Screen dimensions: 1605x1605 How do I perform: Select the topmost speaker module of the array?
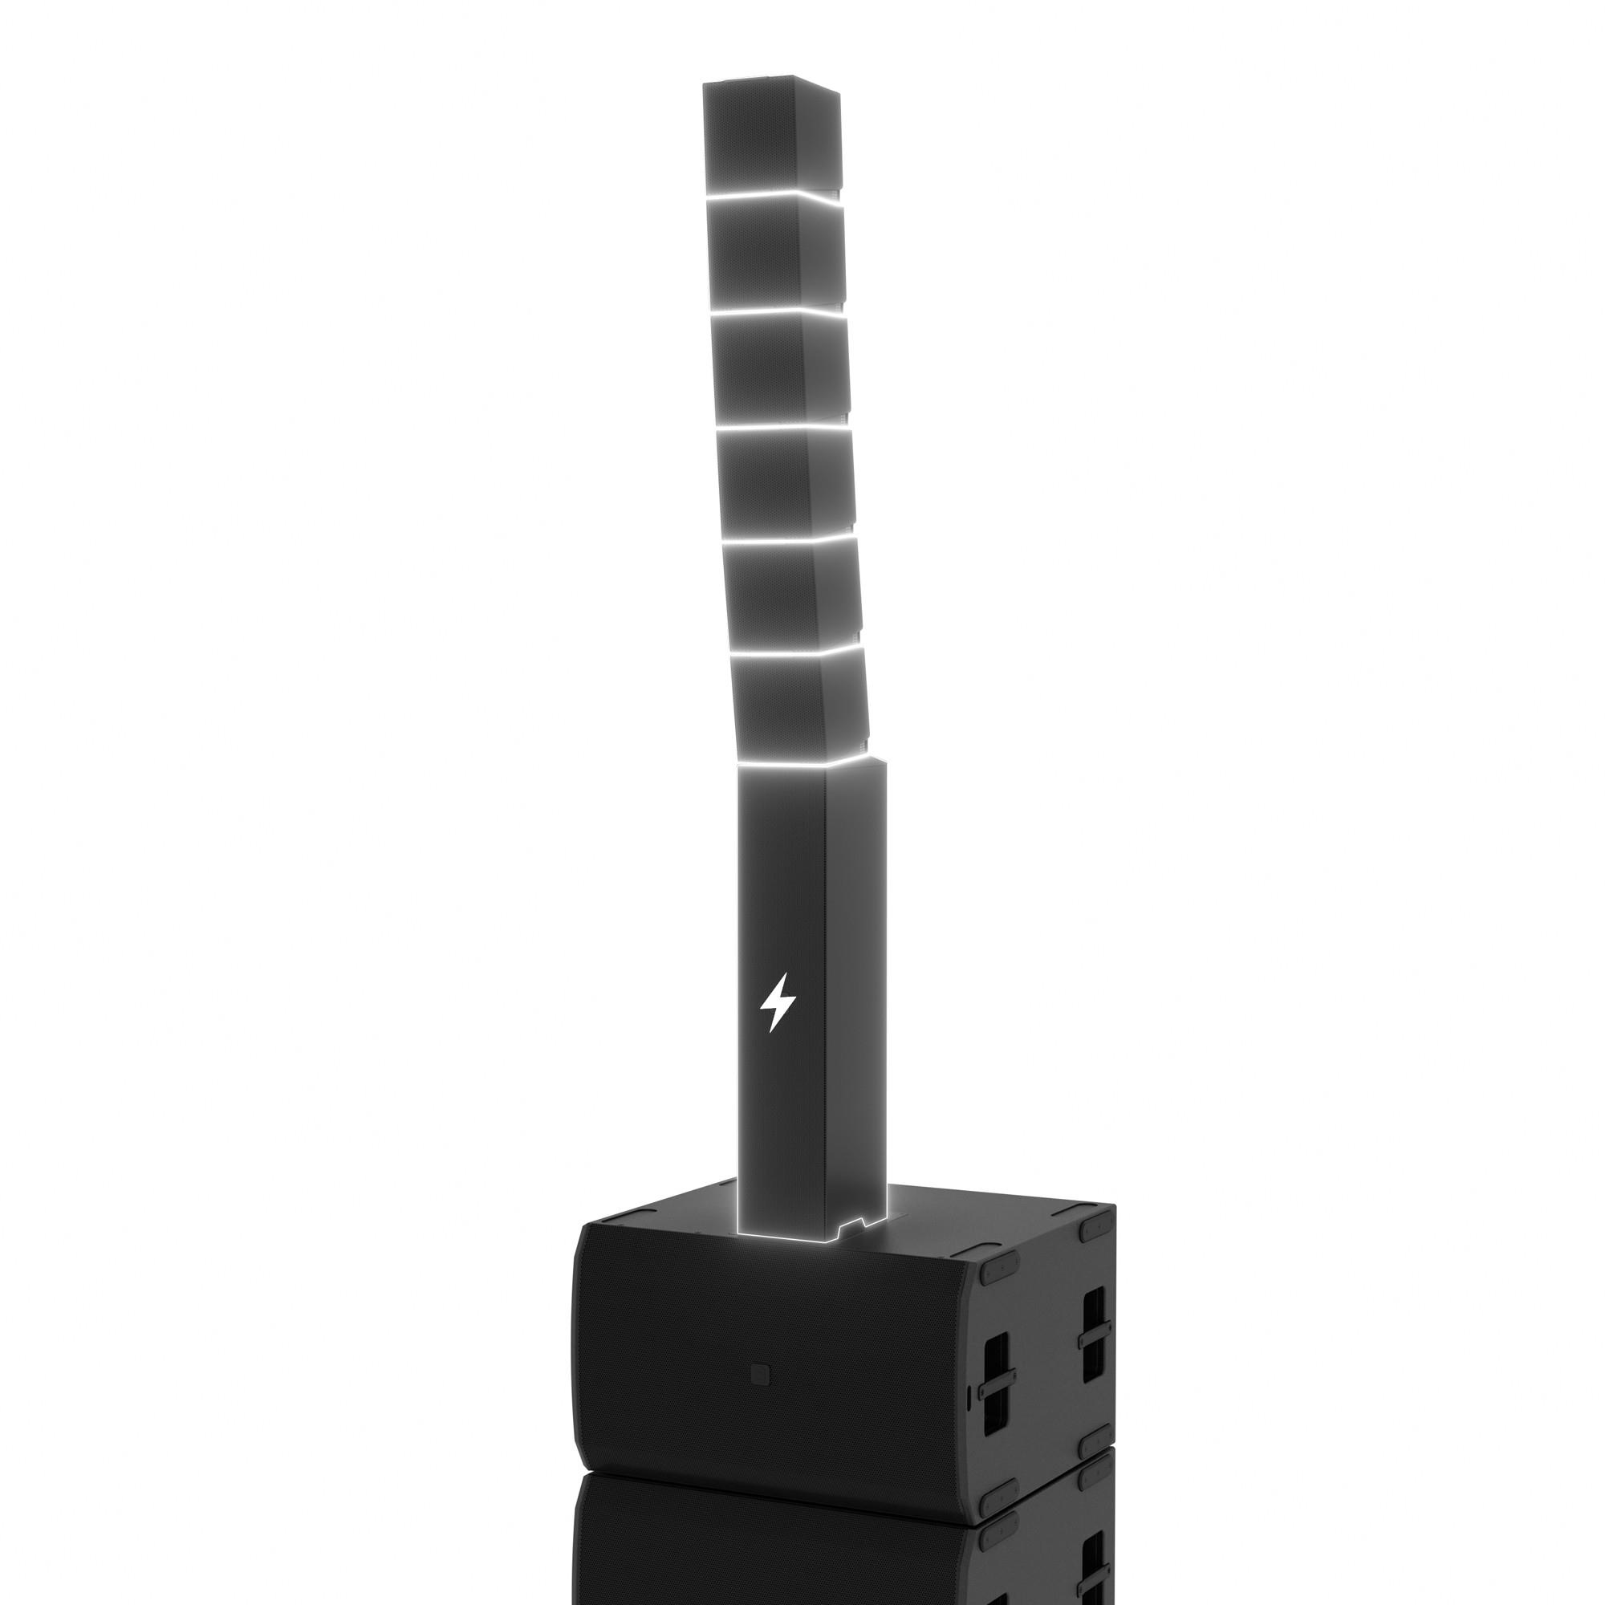coord(769,137)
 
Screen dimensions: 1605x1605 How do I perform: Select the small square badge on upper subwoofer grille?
coord(758,1373)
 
